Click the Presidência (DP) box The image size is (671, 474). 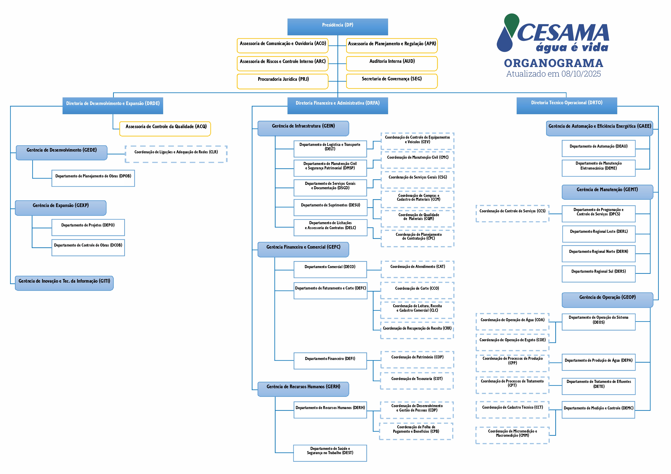tap(338, 27)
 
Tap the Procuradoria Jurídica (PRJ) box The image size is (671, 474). tap(282, 81)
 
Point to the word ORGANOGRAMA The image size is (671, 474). tap(553, 63)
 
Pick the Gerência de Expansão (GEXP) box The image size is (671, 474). tap(60, 208)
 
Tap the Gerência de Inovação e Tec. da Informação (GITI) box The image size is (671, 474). tap(64, 283)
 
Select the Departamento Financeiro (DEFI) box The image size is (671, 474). tap(330, 361)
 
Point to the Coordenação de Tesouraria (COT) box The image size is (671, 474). tap(417, 381)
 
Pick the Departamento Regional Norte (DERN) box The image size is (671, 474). tap(598, 254)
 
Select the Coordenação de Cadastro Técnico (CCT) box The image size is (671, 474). tap(512, 409)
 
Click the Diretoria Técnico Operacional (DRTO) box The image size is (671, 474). tap(567, 105)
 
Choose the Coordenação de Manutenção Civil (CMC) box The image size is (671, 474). tap(417, 159)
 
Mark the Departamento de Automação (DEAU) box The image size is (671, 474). tap(598, 148)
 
